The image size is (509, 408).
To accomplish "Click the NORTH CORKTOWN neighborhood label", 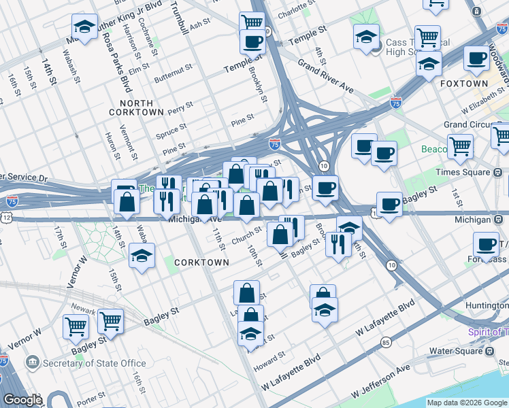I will click(136, 107).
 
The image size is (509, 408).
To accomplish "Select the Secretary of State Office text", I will click(95, 363).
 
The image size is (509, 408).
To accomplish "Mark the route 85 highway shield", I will click(386, 342).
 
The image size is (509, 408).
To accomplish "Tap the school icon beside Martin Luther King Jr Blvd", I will click(84, 28).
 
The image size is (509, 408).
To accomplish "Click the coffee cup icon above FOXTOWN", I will click(477, 58).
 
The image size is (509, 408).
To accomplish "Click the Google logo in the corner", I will click(23, 400).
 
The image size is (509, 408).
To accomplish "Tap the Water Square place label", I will click(455, 352).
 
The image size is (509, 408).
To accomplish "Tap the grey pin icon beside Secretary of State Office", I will click(31, 361).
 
